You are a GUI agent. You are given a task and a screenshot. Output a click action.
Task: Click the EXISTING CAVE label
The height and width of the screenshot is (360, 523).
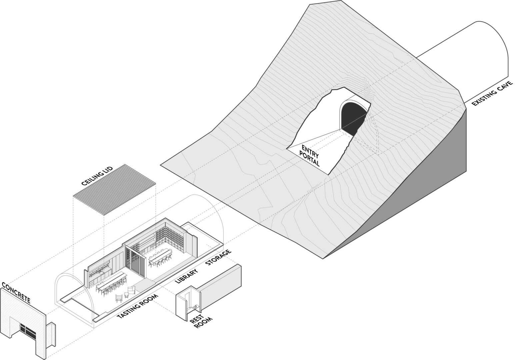492,93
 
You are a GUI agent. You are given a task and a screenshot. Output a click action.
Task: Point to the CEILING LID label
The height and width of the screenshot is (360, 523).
97,176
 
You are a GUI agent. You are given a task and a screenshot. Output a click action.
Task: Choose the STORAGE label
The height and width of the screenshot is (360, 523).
219,258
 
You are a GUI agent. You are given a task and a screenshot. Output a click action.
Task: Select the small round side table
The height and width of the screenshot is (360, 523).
127,295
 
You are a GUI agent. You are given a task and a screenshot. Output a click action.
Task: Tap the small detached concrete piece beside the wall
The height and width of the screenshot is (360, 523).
51,335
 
